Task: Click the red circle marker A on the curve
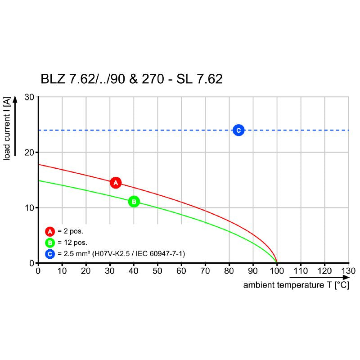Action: click(x=116, y=183)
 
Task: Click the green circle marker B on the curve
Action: click(x=134, y=202)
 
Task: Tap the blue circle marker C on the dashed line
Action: click(x=238, y=130)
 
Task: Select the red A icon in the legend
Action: click(x=49, y=232)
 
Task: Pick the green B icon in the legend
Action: click(x=49, y=243)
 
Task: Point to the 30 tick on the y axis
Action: click(x=30, y=97)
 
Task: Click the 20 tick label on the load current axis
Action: click(x=30, y=153)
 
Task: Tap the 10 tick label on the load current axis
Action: click(x=30, y=208)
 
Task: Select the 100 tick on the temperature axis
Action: click(x=277, y=271)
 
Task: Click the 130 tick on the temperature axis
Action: click(x=348, y=271)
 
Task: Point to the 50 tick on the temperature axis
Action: click(x=157, y=271)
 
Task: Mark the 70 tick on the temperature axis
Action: click(x=205, y=271)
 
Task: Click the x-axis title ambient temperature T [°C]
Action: click(x=296, y=285)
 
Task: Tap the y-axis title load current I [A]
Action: click(x=8, y=128)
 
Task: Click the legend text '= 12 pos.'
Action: click(x=72, y=243)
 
